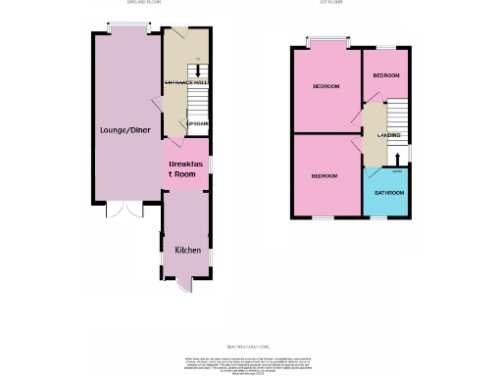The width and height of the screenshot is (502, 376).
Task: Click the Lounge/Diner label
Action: [125, 128]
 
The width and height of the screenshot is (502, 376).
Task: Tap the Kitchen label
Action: [187, 250]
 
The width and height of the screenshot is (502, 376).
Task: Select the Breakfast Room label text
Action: [186, 168]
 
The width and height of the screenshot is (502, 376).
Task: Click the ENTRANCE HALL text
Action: [186, 82]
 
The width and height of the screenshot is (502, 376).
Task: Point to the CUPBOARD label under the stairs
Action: [197, 124]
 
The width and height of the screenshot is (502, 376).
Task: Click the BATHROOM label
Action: [387, 193]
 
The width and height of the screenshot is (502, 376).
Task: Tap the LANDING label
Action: [387, 135]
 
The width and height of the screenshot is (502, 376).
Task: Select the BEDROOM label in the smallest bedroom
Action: [385, 75]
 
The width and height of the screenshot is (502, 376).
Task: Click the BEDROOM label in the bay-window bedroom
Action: [326, 86]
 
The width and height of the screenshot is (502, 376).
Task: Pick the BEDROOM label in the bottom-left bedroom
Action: [325, 176]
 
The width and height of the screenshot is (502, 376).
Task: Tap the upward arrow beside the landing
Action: [396, 157]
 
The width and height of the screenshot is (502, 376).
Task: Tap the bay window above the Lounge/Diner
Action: [124, 28]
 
